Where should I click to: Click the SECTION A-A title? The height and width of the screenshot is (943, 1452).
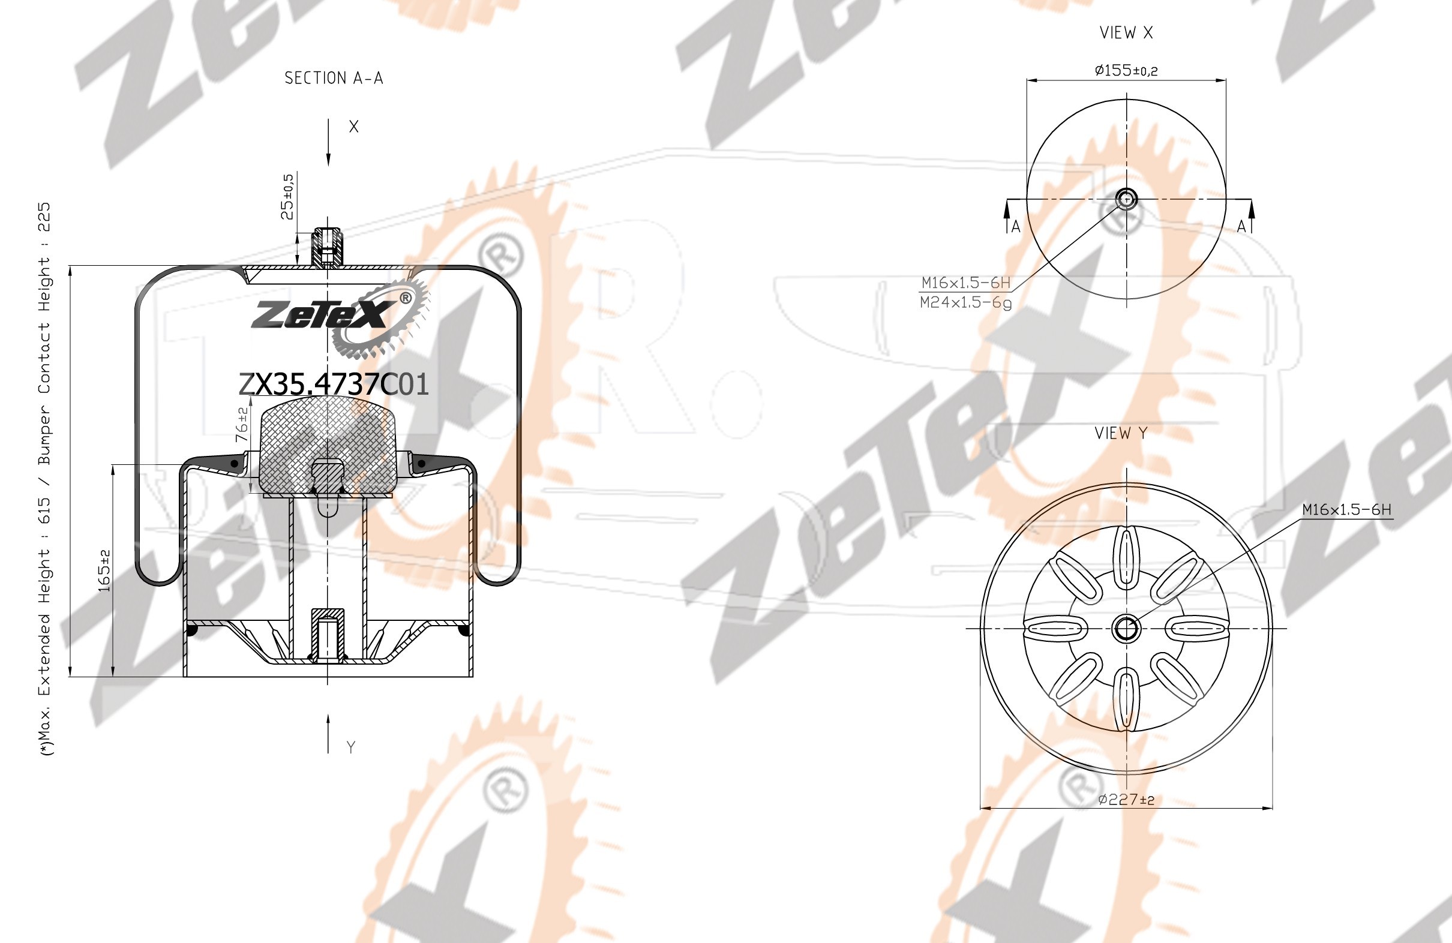click(334, 78)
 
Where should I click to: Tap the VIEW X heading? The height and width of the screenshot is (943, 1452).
click(1126, 33)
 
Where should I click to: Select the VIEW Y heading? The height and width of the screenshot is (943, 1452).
click(1121, 433)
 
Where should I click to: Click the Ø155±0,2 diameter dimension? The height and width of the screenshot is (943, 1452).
click(1126, 70)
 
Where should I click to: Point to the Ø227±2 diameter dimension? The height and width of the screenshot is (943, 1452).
click(1126, 799)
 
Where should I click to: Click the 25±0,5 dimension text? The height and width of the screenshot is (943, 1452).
click(287, 196)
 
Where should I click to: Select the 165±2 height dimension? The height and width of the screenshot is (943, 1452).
click(104, 570)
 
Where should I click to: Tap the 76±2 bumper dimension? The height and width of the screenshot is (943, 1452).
click(242, 425)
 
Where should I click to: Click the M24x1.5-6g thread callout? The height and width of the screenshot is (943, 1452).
click(966, 302)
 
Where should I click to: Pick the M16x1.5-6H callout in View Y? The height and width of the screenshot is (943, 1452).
click(1347, 509)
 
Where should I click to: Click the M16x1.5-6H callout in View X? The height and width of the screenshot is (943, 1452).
click(966, 283)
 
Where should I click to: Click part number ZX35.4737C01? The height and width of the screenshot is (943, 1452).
click(334, 385)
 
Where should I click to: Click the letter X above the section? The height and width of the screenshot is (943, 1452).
click(354, 127)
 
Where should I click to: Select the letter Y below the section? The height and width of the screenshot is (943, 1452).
click(351, 747)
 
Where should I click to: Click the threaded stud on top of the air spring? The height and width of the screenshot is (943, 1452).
click(328, 247)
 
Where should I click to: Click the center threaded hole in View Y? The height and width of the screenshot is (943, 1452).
click(1126, 628)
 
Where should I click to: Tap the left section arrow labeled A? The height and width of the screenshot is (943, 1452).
click(1007, 218)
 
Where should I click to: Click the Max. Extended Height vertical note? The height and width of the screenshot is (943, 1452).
click(44, 479)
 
